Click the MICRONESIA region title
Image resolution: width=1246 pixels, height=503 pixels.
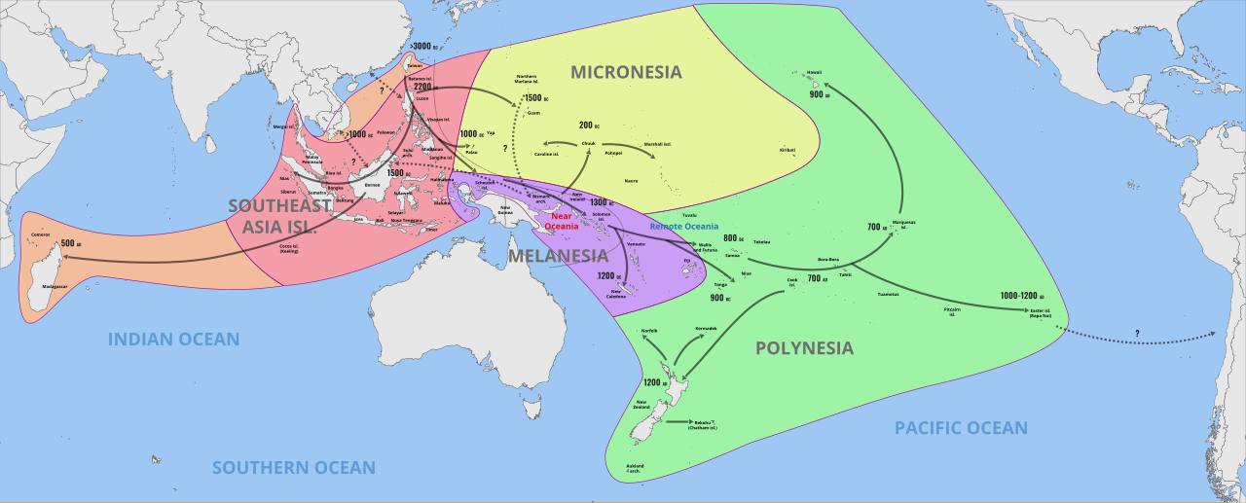[x=626, y=72]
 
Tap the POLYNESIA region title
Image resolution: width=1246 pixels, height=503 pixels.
[x=804, y=348]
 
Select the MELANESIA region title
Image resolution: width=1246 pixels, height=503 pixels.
[x=558, y=256]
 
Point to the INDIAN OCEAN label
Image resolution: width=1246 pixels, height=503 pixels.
[x=173, y=340]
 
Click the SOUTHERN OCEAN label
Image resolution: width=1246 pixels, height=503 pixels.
[x=294, y=468]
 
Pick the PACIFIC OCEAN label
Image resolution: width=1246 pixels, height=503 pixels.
[x=961, y=428]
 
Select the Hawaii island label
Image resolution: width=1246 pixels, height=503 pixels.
[x=815, y=73]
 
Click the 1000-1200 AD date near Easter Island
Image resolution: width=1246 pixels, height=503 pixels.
[x=1021, y=296]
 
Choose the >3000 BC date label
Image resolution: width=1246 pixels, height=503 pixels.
[x=422, y=46]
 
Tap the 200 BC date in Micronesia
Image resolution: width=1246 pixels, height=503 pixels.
[x=587, y=126]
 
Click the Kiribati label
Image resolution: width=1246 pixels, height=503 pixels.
[x=787, y=150]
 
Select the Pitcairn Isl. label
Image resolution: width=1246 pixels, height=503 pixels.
[x=951, y=311]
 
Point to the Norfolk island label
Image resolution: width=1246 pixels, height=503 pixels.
[x=649, y=331]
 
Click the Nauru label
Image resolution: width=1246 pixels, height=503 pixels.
[x=631, y=181]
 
